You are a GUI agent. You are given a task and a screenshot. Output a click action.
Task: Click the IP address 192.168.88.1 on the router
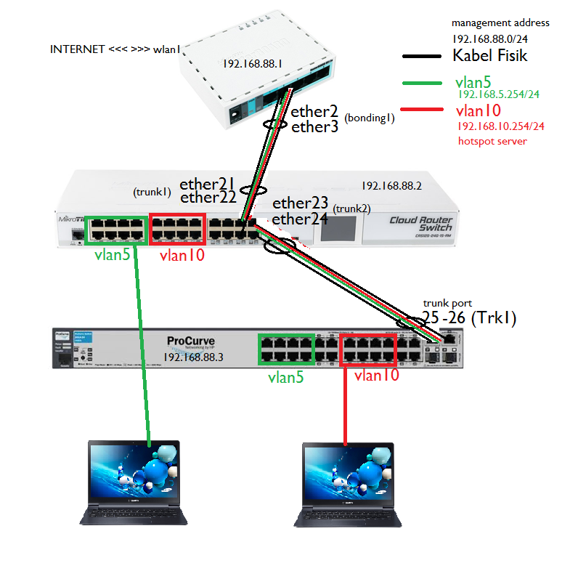point(253,64)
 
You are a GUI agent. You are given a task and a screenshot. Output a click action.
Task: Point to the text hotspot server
point(492,141)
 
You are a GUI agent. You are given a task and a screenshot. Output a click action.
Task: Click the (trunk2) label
point(351,208)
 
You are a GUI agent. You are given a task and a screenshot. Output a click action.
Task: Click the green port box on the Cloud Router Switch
point(117,228)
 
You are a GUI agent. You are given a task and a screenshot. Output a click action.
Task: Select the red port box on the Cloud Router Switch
point(176,228)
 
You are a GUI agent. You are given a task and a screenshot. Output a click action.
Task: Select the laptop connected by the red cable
point(349,481)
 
